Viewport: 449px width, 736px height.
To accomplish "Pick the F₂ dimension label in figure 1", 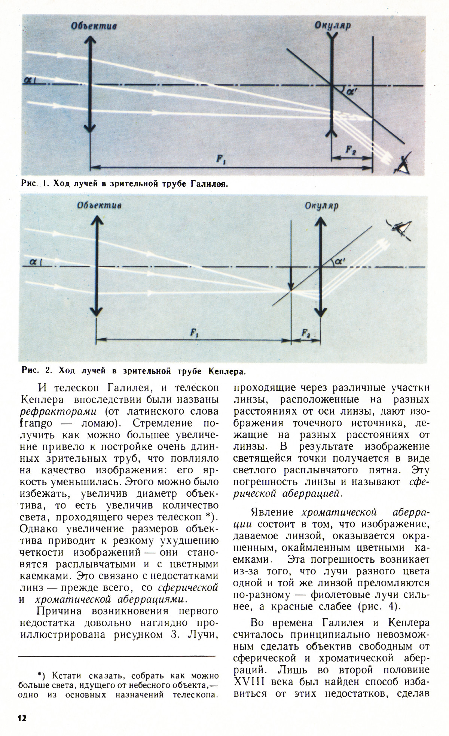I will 351,150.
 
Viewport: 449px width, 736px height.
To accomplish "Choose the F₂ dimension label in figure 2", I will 306,332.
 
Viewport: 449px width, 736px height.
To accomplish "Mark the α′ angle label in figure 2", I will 339,262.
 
